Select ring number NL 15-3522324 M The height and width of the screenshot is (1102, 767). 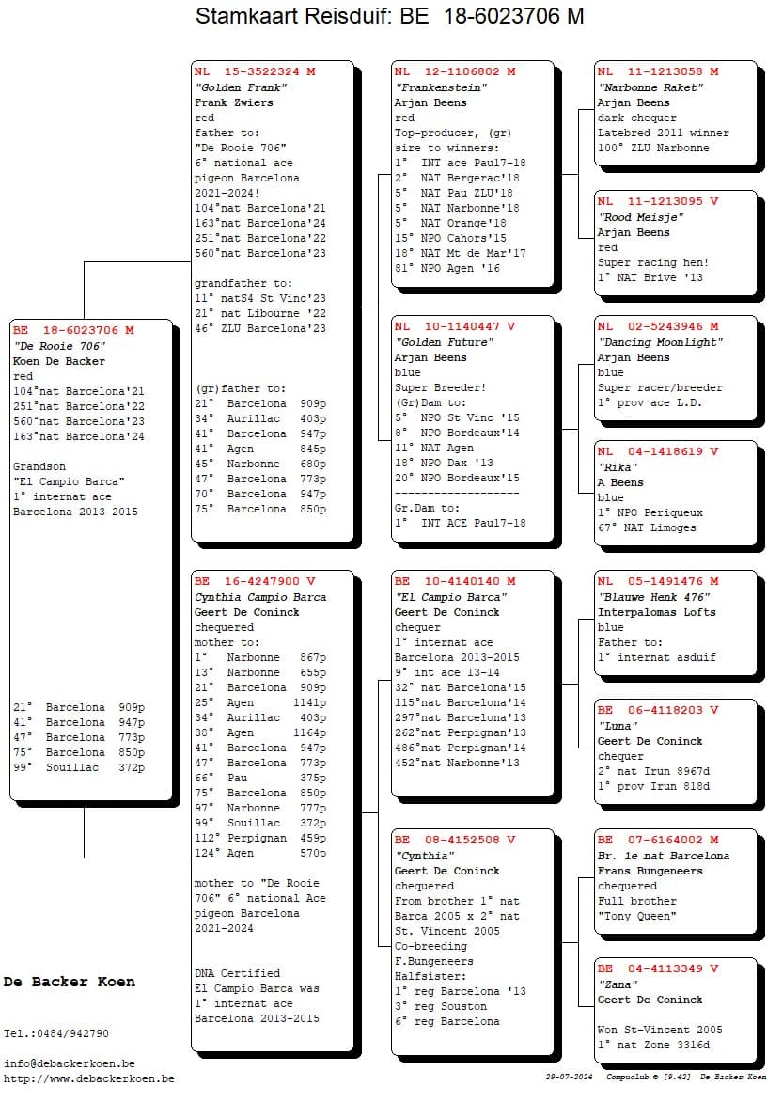255,71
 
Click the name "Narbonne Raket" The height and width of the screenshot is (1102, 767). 650,87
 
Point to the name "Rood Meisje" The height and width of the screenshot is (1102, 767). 640,217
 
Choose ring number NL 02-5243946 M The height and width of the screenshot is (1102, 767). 658,327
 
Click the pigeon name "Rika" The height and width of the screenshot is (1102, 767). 619,467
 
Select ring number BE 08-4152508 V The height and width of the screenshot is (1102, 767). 455,841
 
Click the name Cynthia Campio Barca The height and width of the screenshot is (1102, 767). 260,597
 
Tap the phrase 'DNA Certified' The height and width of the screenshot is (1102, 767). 237,973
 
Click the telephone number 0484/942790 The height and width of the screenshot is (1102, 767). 75,1033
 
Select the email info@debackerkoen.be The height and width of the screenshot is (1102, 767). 69,1063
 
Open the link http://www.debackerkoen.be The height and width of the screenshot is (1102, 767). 88,1078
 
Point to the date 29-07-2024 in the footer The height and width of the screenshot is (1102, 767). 569,1078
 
